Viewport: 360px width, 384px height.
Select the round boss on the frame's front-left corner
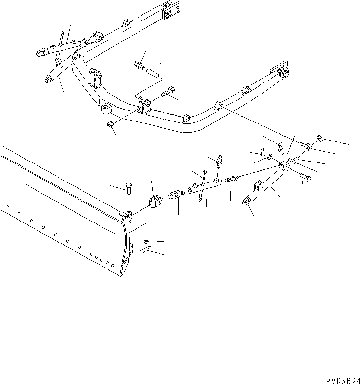tap(106, 109)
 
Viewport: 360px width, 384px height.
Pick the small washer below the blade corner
tap(147, 242)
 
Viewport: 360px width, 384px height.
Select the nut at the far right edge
tap(320, 138)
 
